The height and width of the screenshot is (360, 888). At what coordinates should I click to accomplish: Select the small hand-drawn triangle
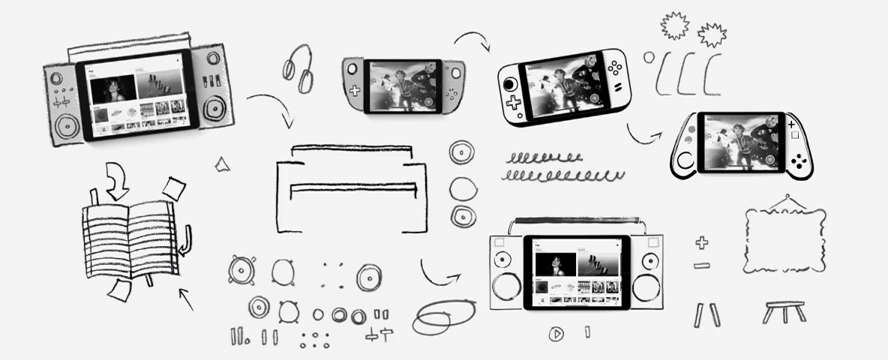pyautogui.click(x=222, y=165)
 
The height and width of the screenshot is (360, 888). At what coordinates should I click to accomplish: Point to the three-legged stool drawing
pyautogui.click(x=784, y=311)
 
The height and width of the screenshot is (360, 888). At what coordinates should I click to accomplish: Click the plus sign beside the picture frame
pyautogui.click(x=701, y=242)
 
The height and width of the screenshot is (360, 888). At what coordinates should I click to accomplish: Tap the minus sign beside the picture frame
pyautogui.click(x=701, y=265)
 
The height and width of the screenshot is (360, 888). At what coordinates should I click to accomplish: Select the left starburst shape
pyautogui.click(x=674, y=25)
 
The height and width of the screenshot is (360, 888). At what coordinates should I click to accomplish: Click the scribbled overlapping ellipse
pyautogui.click(x=442, y=316)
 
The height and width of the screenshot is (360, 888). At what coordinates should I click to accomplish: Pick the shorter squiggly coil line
pyautogui.click(x=544, y=158)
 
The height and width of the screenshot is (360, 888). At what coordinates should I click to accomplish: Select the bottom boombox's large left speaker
pyautogui.click(x=505, y=289)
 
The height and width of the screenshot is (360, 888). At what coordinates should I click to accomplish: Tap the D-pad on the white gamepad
pyautogui.click(x=513, y=103)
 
